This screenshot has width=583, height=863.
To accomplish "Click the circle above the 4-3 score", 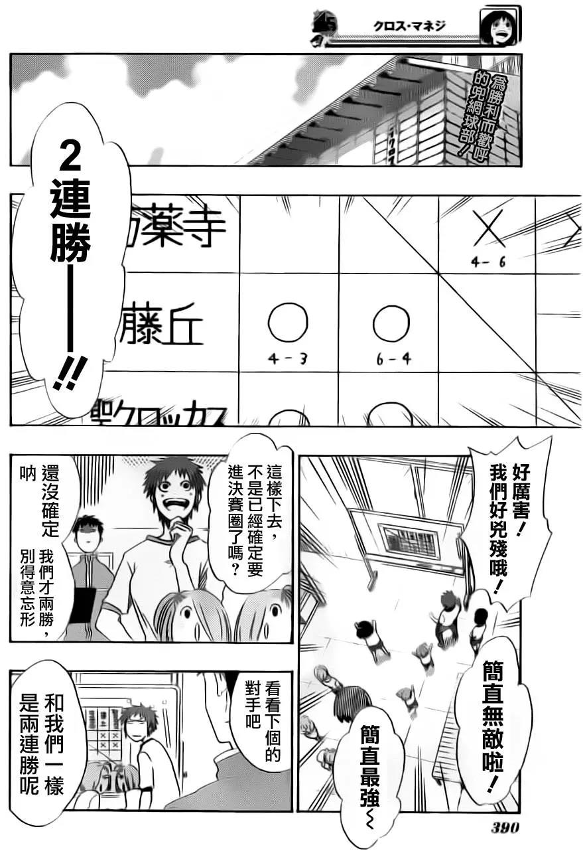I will pyautogui.click(x=288, y=323).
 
